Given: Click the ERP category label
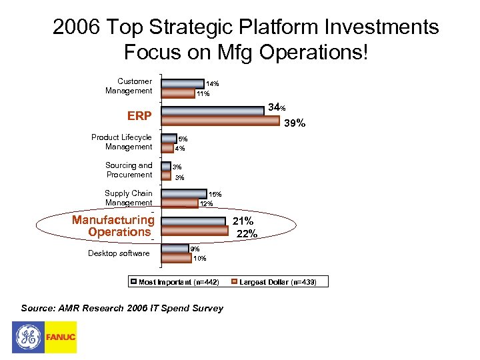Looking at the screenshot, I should (x=139, y=116).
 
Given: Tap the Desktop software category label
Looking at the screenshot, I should (x=119, y=253).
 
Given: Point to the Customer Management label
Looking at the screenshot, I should (x=129, y=86).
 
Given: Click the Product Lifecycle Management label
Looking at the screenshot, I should (x=122, y=142).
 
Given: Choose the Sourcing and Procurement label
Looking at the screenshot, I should (x=129, y=170).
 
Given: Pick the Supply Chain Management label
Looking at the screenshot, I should (x=129, y=198).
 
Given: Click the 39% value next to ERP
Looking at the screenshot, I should (x=295, y=123).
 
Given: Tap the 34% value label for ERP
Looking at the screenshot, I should (x=277, y=107).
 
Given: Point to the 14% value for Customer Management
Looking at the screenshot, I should (x=212, y=84).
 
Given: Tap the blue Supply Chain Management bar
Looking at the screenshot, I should (x=184, y=194).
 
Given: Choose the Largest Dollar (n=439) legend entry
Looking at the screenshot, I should (x=279, y=282).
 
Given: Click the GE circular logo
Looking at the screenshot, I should (x=28, y=337).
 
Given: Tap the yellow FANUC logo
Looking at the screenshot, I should (x=61, y=337).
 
